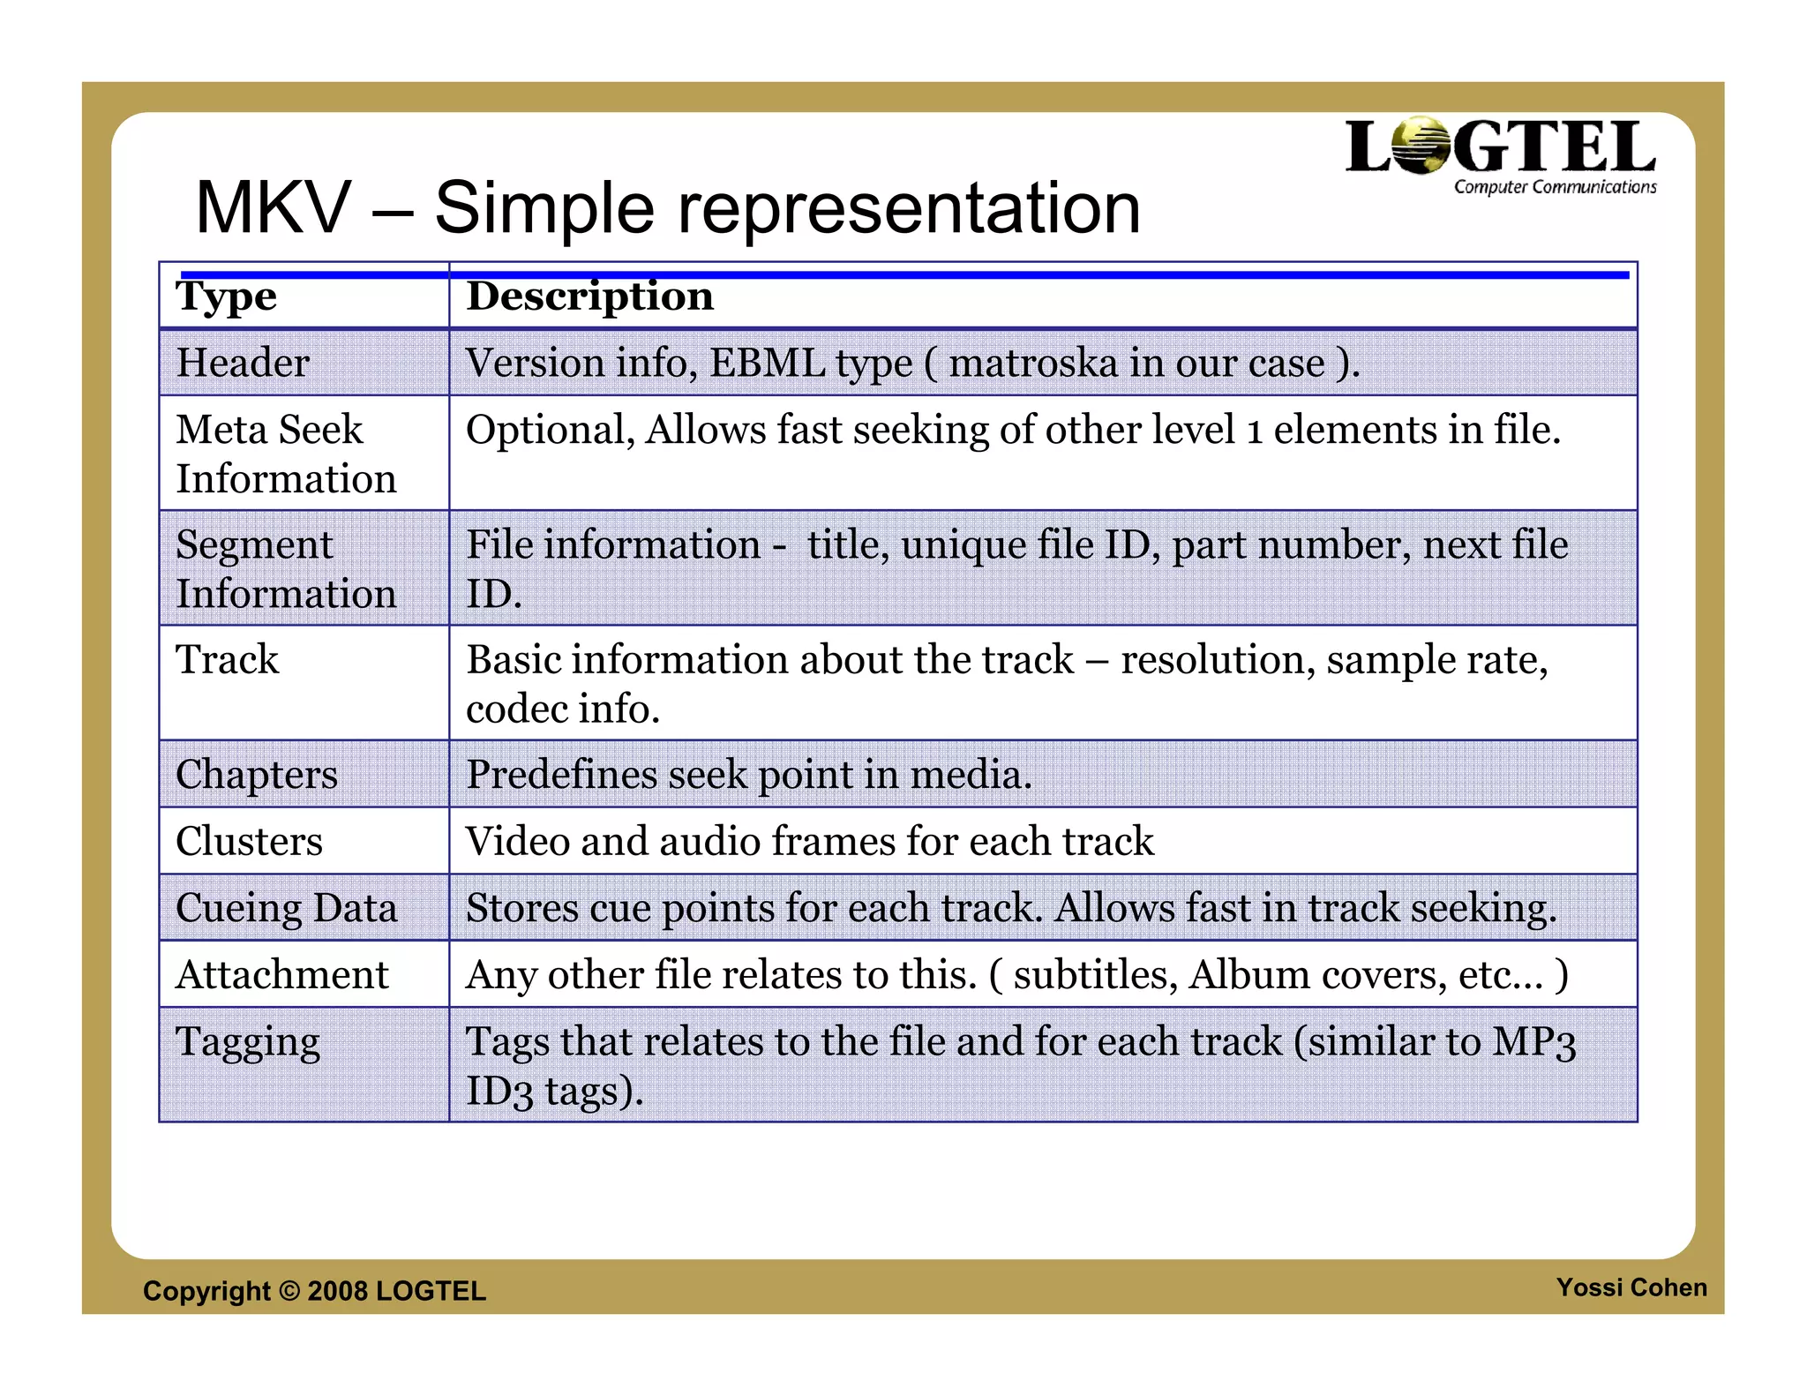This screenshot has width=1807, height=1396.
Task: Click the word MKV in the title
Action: (273, 208)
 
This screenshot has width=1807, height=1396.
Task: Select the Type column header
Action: (227, 296)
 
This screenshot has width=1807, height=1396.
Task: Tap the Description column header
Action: (589, 296)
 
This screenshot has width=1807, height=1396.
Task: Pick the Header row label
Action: (243, 363)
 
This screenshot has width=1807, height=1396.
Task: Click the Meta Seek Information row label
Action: (286, 454)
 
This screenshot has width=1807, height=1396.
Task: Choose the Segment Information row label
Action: (286, 568)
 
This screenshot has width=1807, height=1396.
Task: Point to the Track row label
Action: (228, 659)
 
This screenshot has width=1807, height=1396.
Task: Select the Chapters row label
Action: (257, 774)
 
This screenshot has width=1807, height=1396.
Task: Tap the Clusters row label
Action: (250, 841)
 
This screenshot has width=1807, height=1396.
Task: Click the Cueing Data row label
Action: (286, 908)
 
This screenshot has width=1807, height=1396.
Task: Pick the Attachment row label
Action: (282, 975)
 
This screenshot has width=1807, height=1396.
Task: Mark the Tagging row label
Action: (248, 1042)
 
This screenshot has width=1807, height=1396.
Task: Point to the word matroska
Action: (1033, 363)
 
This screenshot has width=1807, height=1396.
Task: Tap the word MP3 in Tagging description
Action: (1533, 1042)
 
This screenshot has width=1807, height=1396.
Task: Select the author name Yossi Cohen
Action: (1631, 1287)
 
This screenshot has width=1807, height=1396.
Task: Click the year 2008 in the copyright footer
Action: (338, 1291)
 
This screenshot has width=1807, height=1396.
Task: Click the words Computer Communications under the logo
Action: (1555, 187)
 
